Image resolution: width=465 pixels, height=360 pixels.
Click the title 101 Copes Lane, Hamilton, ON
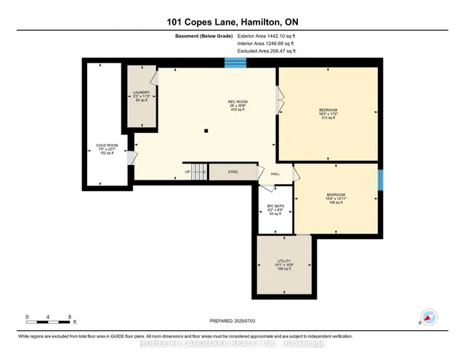tap(232, 21)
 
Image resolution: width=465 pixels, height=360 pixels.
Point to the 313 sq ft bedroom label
tap(328, 113)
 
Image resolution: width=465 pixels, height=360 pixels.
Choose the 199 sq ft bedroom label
tap(335, 199)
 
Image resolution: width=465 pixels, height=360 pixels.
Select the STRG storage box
tap(232, 172)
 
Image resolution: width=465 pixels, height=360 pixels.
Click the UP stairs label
tap(187, 172)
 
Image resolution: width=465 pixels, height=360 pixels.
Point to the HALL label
tap(275, 174)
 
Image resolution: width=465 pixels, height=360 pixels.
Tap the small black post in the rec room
tap(206, 131)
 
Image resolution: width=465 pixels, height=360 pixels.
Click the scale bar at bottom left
tap(48, 318)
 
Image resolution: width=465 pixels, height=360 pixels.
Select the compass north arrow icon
tap(429, 318)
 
